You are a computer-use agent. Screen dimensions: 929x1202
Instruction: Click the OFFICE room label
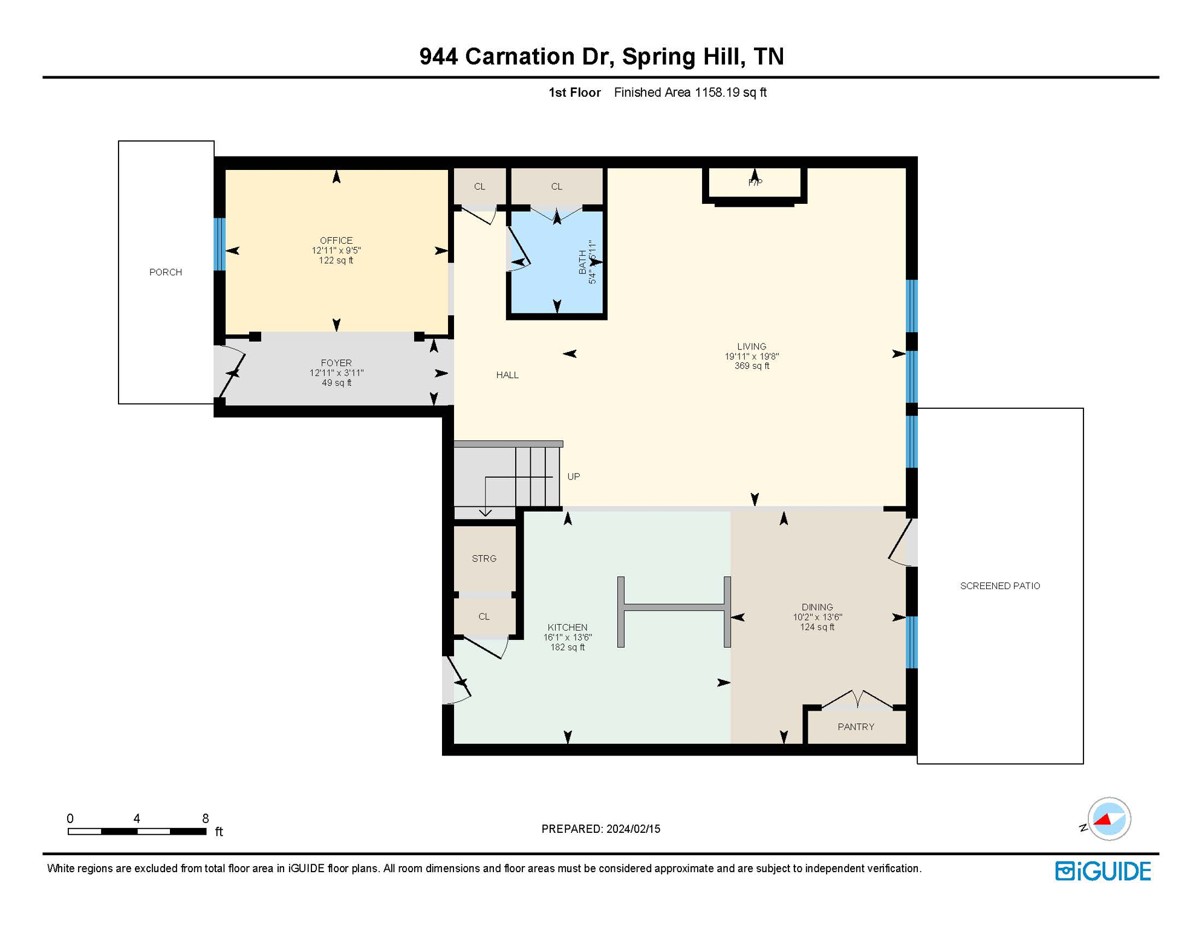(336, 241)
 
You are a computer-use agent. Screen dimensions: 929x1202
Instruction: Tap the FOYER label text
(336, 363)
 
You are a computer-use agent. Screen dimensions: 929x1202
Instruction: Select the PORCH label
(166, 272)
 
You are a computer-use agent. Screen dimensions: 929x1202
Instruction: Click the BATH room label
(582, 262)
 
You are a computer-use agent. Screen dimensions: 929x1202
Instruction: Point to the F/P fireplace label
(755, 182)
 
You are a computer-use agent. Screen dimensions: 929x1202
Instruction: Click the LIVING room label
(752, 347)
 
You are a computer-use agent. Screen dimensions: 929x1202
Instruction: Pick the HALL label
(507, 375)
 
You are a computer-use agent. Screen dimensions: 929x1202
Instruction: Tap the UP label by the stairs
(573, 477)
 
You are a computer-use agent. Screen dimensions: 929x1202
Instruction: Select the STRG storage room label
(484, 558)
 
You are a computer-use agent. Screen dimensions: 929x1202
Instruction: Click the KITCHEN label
(567, 627)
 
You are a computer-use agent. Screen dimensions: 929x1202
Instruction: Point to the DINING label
(817, 607)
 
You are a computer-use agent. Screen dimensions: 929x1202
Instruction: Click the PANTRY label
(856, 726)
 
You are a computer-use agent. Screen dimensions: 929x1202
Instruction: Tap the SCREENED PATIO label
(1000, 585)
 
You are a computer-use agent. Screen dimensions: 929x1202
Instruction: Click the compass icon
(1109, 819)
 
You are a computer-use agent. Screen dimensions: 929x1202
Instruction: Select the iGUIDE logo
(1103, 871)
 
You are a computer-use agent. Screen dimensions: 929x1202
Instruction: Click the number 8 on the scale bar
(206, 818)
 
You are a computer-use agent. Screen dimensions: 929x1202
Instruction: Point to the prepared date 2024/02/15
(633, 829)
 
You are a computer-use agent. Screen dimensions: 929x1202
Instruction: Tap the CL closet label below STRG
(484, 616)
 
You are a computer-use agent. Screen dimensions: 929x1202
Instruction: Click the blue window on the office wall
(220, 244)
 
